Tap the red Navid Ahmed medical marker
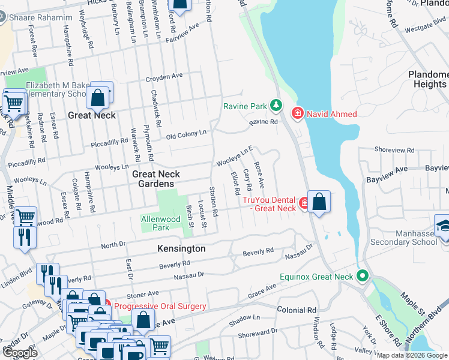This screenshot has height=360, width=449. point(297,113)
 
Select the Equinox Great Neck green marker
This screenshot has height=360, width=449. point(362,277)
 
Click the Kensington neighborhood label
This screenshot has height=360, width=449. point(181,248)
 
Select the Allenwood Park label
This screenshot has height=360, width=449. point(160,224)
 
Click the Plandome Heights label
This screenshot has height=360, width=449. point(421,79)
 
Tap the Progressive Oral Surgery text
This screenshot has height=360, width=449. point(160,306)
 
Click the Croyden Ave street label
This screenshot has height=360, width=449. point(164,77)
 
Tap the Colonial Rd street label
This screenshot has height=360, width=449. point(297,310)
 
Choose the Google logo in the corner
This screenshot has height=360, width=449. point(20,353)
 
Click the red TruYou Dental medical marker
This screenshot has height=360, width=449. point(305,203)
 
